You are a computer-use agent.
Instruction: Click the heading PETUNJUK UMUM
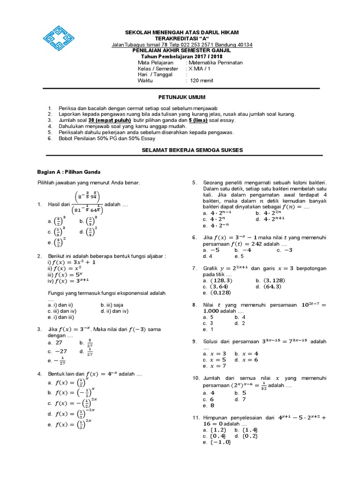coord(181,97)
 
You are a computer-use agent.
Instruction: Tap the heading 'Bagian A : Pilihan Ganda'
coord(69,172)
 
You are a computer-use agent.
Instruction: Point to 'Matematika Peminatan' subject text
coord(215,62)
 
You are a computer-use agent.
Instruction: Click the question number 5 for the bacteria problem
coord(194,182)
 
